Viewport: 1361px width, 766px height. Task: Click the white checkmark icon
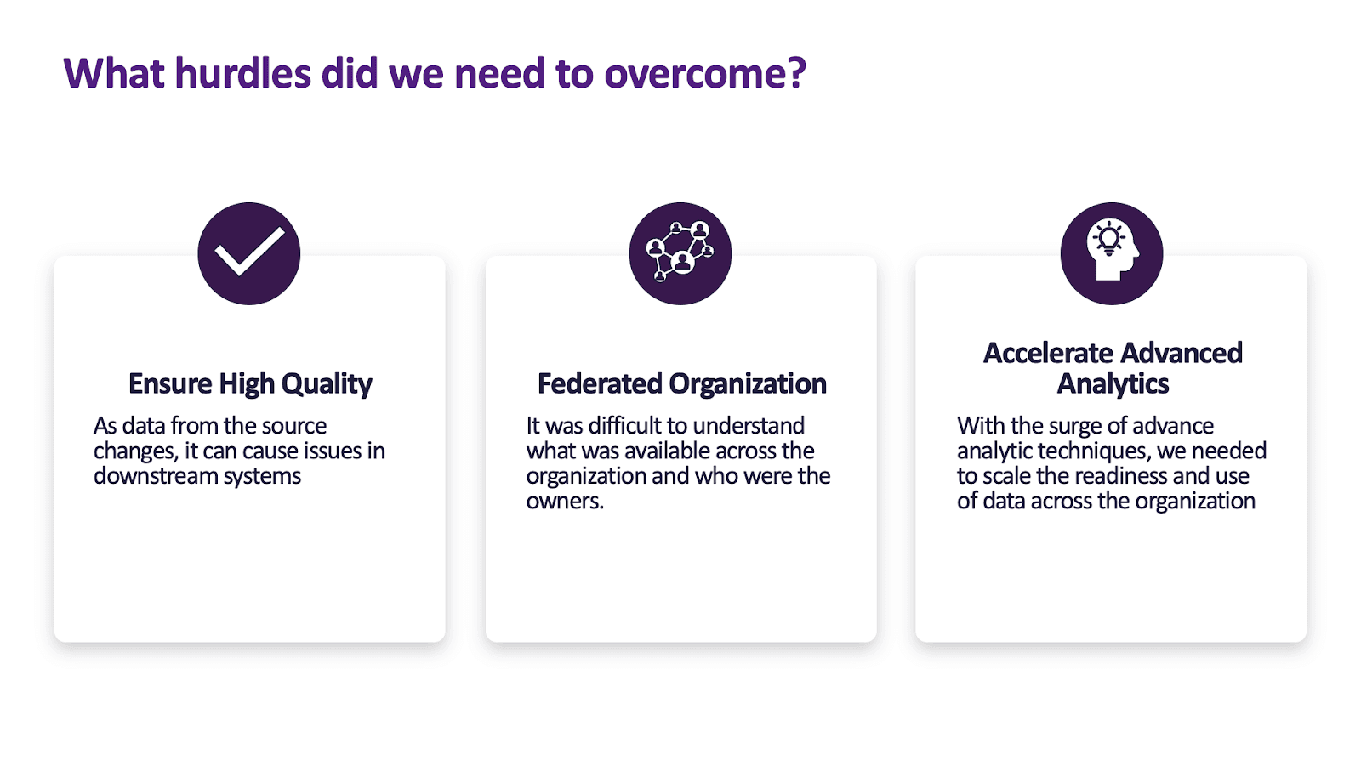pyautogui.click(x=249, y=252)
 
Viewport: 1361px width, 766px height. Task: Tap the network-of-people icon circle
pyautogui.click(x=680, y=253)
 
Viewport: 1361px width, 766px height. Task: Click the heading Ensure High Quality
pyautogui.click(x=250, y=383)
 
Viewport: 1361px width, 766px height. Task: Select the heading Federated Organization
pyautogui.click(x=681, y=383)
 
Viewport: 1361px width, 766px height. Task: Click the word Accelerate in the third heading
pyautogui.click(x=1047, y=353)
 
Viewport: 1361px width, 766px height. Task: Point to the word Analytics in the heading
pyautogui.click(x=1113, y=383)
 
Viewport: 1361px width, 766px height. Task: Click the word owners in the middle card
pyautogui.click(x=562, y=502)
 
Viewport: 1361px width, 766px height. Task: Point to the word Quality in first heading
pyautogui.click(x=327, y=383)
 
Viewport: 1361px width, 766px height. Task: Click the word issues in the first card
pyautogui.click(x=333, y=451)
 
